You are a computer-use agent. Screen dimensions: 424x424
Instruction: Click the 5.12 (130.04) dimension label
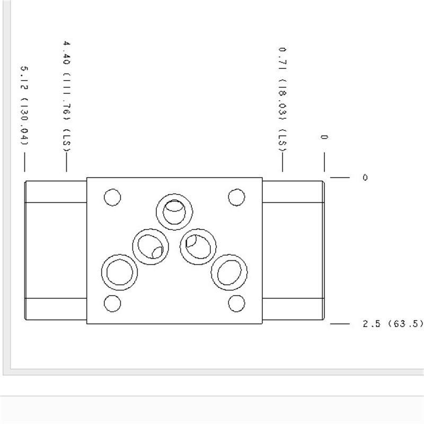click(x=24, y=105)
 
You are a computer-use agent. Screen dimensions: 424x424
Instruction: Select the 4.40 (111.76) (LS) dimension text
click(x=67, y=96)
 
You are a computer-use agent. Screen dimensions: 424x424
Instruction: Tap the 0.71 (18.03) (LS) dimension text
click(x=282, y=100)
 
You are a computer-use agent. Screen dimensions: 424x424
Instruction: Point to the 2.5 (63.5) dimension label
click(x=393, y=323)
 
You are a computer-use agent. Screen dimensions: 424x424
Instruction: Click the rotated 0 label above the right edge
click(x=324, y=137)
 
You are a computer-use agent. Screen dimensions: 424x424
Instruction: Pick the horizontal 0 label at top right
click(x=365, y=178)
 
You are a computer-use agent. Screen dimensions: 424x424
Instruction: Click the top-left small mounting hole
click(x=112, y=197)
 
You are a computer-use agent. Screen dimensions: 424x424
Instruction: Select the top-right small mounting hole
click(x=236, y=197)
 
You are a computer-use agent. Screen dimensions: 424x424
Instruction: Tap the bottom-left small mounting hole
click(x=112, y=303)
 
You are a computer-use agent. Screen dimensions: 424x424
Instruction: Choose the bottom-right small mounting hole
click(x=236, y=303)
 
